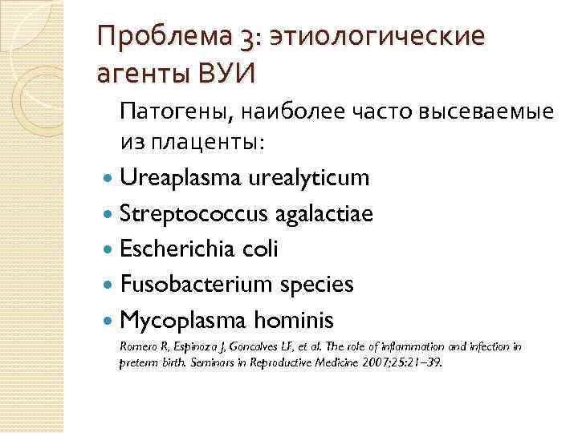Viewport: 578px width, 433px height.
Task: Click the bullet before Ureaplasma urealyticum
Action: click(108, 178)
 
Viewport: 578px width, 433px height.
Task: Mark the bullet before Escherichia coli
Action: click(108, 249)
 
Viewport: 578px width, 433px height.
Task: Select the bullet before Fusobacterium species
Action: click(108, 285)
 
